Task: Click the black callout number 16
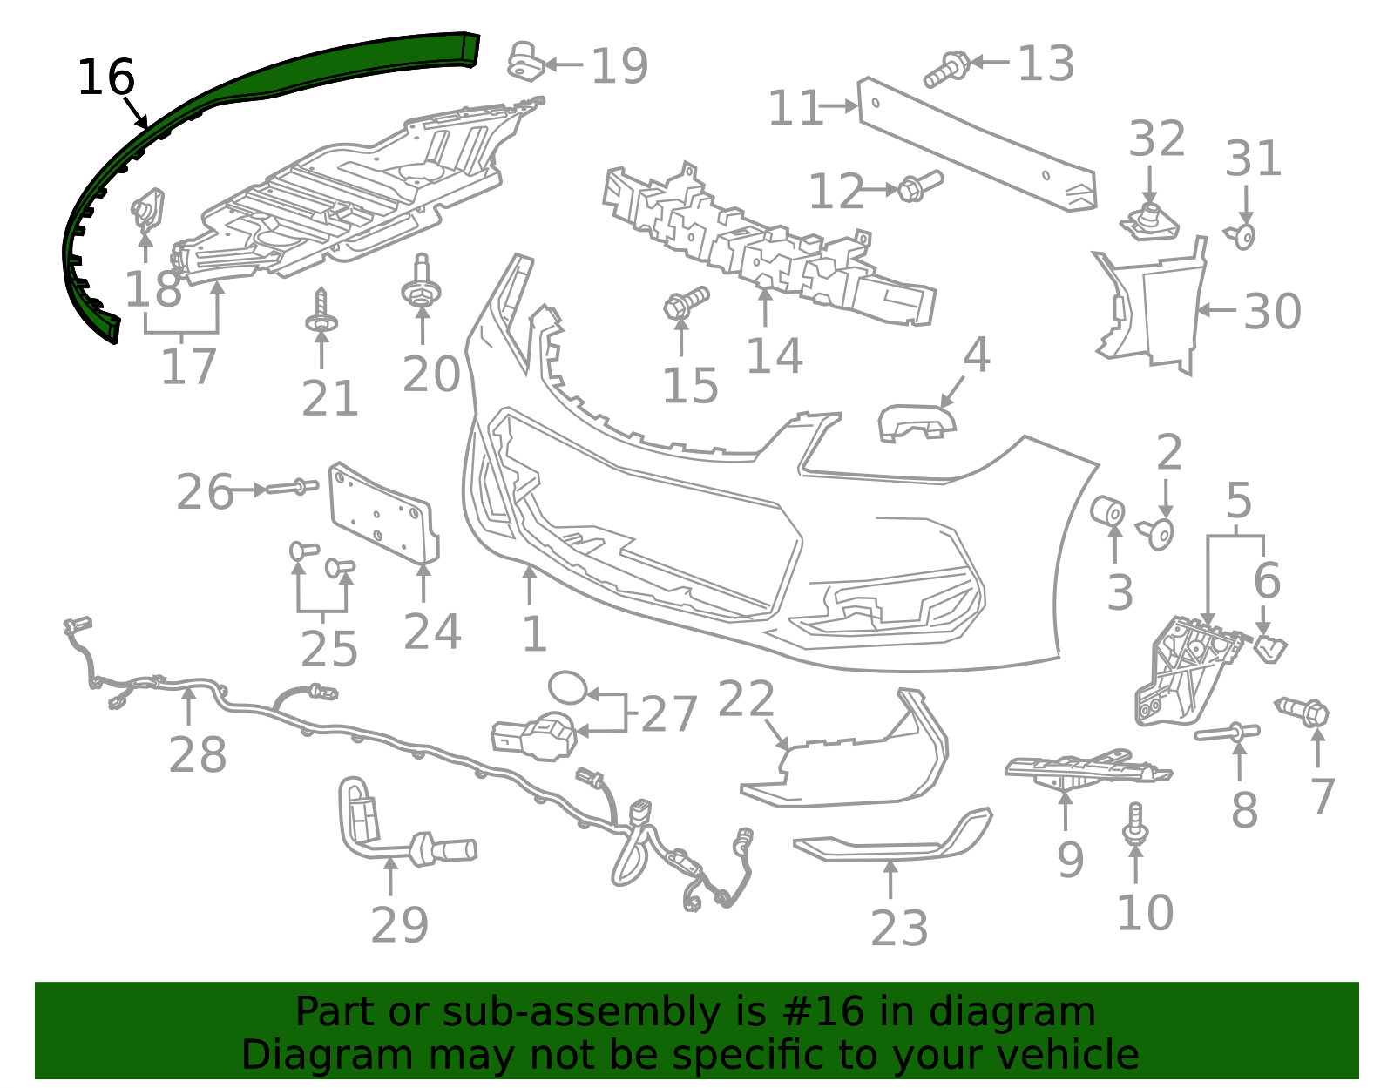click(105, 78)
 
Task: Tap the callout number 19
click(619, 65)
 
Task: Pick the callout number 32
click(1156, 139)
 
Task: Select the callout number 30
click(1272, 312)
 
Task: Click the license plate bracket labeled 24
click(383, 514)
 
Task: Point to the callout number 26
click(204, 492)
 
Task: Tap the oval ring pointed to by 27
click(568, 688)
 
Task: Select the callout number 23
click(899, 928)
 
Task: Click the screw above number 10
click(1135, 824)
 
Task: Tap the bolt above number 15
click(686, 302)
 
